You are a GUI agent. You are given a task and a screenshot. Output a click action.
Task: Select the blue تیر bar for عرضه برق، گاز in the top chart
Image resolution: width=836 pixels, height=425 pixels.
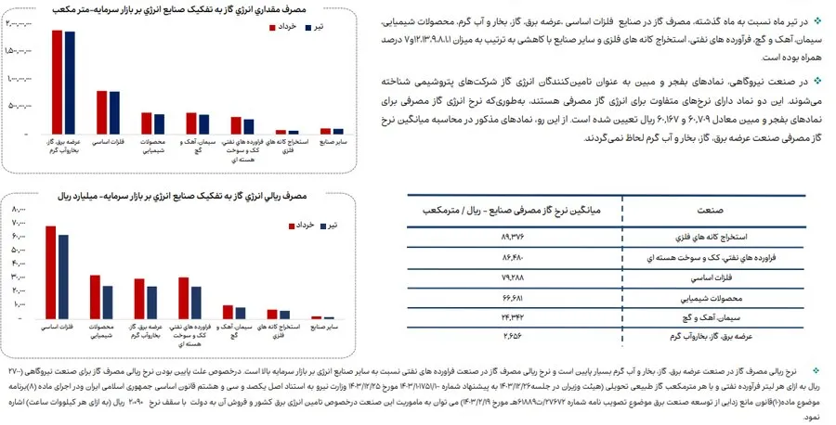(x=70, y=84)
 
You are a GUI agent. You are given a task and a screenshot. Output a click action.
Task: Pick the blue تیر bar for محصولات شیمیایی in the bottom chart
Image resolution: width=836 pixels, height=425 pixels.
(x=108, y=303)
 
